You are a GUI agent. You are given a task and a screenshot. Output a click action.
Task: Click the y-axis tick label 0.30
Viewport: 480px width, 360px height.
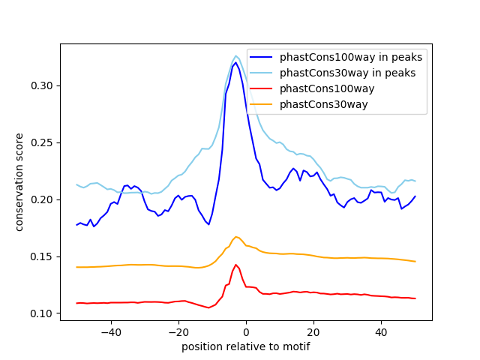[42, 85]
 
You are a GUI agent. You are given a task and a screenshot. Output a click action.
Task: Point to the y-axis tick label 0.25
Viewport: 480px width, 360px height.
[42, 142]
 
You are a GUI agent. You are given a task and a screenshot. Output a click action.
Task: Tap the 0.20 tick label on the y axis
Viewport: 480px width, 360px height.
[42, 199]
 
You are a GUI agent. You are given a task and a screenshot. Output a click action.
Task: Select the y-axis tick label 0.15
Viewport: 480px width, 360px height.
[42, 256]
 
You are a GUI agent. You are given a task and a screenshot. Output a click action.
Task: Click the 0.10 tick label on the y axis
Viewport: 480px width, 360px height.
[42, 313]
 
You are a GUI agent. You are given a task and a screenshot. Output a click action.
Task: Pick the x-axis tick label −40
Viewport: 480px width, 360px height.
[111, 332]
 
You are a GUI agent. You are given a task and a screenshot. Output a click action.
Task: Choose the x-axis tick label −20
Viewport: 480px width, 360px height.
[178, 332]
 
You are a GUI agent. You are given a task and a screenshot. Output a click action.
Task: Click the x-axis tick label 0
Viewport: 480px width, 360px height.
[246, 332]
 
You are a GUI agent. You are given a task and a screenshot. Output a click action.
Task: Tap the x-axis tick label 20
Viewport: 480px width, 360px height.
[313, 332]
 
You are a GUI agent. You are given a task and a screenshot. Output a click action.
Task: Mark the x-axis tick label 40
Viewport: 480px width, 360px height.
[381, 332]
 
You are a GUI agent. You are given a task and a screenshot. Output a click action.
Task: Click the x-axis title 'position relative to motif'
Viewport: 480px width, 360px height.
[246, 346]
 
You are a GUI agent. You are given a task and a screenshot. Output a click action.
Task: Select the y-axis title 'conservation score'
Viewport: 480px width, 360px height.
[19, 182]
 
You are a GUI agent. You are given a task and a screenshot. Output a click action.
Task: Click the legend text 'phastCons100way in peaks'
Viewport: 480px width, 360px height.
[351, 57]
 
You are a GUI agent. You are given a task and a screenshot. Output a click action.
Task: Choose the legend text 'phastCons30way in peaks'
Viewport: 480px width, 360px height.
[348, 73]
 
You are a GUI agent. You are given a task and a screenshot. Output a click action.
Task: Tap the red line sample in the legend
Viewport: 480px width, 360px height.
[261, 88]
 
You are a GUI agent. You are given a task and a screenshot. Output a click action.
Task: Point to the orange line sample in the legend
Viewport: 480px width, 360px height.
[261, 105]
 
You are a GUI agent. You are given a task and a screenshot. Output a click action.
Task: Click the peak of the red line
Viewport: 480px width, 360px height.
[235, 265]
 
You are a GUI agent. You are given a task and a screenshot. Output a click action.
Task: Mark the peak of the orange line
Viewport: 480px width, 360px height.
[235, 237]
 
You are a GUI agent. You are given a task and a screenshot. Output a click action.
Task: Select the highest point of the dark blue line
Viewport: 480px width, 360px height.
[235, 62]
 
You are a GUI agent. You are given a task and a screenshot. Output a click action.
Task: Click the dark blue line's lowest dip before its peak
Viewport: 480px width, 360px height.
[208, 224]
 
